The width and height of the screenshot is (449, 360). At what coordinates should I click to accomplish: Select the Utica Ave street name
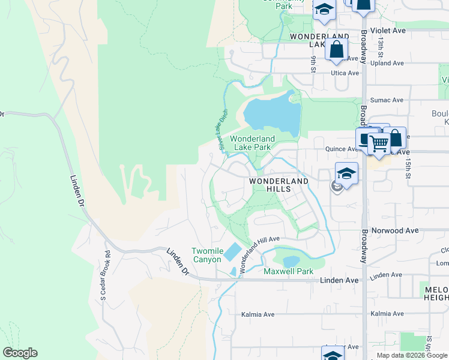pos(345,73)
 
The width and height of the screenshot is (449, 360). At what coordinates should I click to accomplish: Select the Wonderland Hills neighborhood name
pos(279,185)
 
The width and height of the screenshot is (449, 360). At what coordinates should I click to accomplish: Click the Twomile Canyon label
pos(206,255)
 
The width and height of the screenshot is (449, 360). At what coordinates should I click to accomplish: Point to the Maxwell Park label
pos(289,272)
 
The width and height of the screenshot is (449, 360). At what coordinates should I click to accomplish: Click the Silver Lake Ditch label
pos(223,128)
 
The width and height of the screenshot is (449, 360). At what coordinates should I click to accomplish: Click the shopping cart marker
pos(379,144)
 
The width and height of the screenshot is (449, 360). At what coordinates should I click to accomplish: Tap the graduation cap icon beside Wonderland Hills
pos(346,173)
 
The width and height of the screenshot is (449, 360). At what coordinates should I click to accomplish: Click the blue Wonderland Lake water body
pos(271,114)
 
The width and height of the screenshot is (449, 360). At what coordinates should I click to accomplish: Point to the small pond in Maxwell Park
pos(291,262)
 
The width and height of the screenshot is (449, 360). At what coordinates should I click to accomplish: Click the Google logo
pos(20,353)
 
